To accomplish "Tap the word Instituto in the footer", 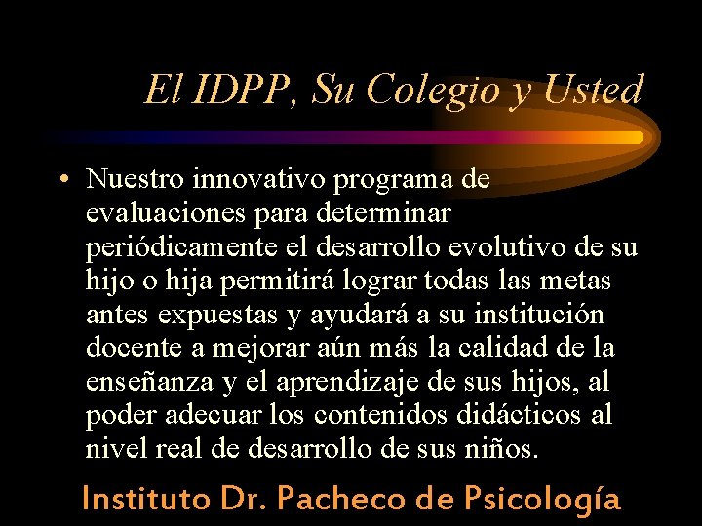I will [147, 499].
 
